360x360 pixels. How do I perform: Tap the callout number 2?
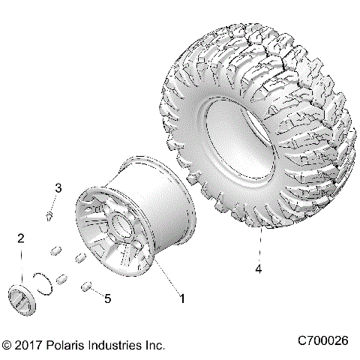click(22, 239)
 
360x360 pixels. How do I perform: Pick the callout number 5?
click(107, 298)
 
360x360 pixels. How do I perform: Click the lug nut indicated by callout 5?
click(86, 286)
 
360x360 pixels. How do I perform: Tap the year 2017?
click(28, 346)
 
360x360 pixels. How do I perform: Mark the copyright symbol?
click(7, 346)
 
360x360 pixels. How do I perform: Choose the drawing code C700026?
click(324, 340)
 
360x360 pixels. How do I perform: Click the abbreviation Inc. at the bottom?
click(154, 346)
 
